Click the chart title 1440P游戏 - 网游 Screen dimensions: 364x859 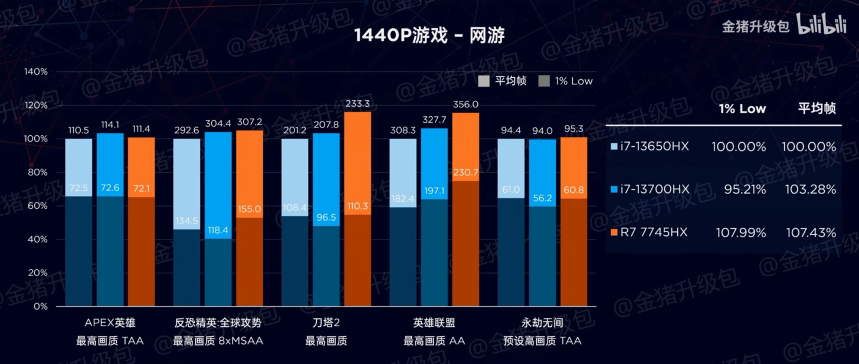429,36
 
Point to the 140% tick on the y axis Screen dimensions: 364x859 35,71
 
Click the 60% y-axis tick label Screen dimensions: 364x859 38,206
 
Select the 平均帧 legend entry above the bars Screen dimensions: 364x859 503,81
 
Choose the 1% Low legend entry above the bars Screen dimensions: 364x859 566,81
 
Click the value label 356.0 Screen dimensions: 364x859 465,104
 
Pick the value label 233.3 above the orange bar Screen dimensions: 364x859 358,103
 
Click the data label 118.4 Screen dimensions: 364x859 218,229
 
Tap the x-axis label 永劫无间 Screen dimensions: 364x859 542,323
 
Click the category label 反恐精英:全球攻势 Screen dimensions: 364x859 218,323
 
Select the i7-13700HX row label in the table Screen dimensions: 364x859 654,189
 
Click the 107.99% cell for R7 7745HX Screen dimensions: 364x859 741,233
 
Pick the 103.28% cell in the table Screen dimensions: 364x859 808,189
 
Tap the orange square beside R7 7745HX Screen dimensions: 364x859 615,233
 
